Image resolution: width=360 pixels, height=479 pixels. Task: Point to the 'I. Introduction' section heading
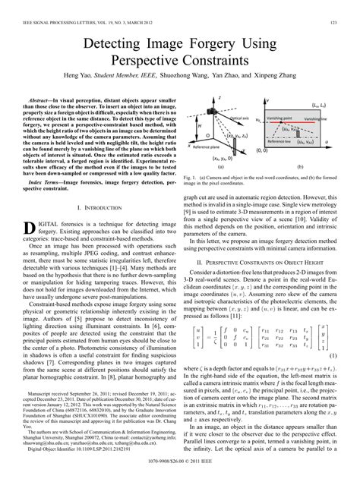pyautogui.click(x=99, y=205)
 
